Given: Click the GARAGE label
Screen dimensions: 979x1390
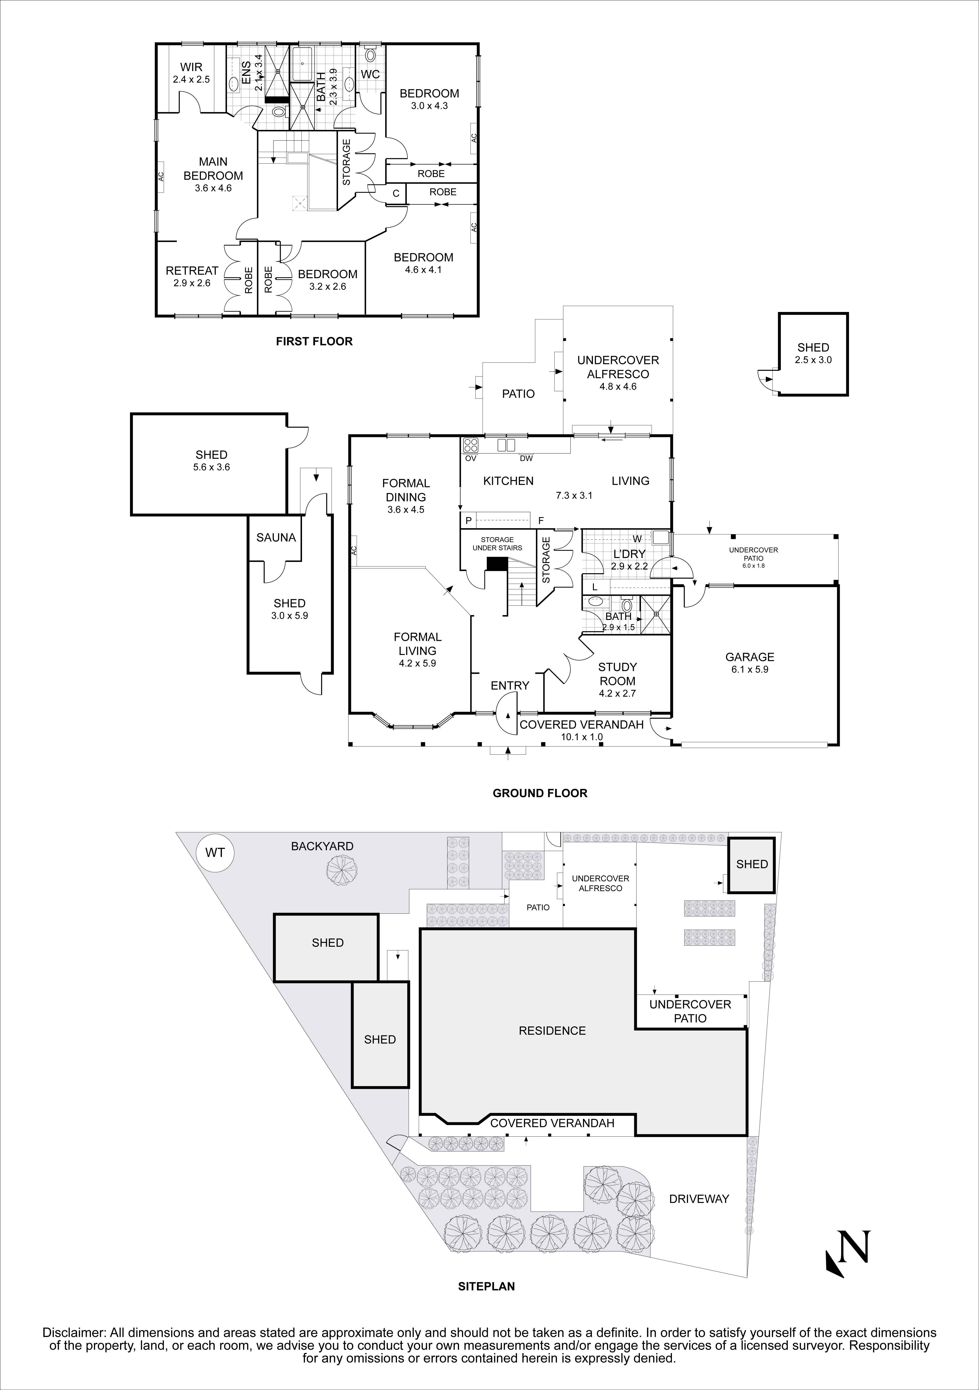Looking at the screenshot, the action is [x=750, y=657].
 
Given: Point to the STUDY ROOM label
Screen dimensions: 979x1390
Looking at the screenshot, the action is [x=618, y=674].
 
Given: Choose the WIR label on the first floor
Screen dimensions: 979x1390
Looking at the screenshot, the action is [x=191, y=67].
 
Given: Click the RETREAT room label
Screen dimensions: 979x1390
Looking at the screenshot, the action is [x=192, y=271].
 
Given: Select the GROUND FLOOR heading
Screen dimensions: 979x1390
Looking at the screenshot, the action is [x=540, y=793].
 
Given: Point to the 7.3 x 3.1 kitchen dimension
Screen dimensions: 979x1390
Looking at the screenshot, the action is [x=574, y=495].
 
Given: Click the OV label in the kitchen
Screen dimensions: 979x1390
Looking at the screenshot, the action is [x=470, y=458].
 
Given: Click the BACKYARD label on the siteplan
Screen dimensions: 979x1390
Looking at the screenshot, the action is [x=322, y=846].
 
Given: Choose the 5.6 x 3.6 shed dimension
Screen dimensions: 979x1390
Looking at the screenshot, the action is [x=212, y=467].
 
